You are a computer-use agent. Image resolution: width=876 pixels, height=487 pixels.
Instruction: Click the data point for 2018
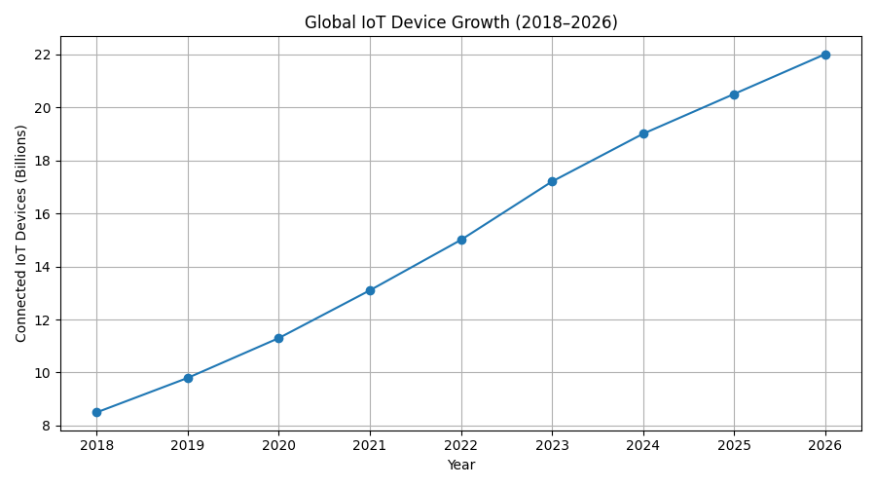coord(96,412)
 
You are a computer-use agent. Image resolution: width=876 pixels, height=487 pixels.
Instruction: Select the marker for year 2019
coord(188,378)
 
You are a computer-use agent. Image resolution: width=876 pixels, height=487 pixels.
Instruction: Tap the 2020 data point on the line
coord(278,338)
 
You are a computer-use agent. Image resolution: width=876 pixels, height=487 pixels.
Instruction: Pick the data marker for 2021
coord(370,290)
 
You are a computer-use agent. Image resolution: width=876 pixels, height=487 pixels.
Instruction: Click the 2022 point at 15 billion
coord(461,240)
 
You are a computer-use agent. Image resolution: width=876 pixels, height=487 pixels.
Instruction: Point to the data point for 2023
coord(552,181)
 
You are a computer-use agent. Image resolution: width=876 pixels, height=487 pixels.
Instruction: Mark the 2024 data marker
coord(643,133)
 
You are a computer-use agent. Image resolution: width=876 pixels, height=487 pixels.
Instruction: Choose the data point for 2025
coord(734,94)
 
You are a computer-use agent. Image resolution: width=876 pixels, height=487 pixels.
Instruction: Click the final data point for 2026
coord(825,55)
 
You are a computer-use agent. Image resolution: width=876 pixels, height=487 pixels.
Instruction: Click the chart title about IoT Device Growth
coord(460,22)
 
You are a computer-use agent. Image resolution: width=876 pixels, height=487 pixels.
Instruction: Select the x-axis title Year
coord(460,466)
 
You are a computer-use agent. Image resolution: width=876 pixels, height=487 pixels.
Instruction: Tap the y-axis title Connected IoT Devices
coord(21,233)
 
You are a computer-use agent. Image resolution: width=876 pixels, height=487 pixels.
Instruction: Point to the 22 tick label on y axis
coord(43,55)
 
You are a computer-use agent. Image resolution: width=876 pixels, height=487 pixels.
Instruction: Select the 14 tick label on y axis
coord(43,267)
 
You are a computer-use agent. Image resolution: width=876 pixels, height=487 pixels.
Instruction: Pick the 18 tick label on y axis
coord(43,161)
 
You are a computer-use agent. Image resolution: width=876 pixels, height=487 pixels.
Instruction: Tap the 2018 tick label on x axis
coord(96,445)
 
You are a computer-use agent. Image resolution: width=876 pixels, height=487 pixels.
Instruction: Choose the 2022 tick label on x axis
coord(461,445)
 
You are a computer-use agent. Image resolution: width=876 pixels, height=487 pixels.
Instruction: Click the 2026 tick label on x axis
coord(825,445)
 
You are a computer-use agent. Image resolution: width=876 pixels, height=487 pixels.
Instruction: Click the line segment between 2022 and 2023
coord(506,210)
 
